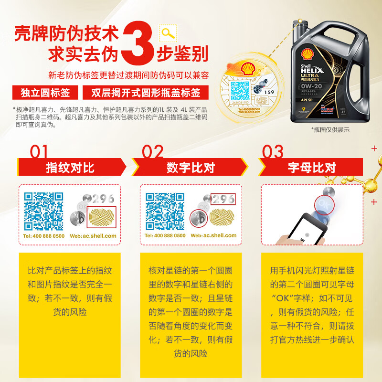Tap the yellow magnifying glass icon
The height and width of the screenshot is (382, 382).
point(168,33)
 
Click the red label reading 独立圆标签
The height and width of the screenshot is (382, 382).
point(45,92)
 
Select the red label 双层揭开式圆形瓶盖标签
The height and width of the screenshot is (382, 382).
point(146,92)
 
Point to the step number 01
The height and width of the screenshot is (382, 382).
point(39,152)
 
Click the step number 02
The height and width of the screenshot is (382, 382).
point(153,152)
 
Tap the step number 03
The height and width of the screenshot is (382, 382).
point(273,152)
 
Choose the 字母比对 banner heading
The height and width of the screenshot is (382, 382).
point(312,168)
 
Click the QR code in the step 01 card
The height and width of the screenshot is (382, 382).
point(44,211)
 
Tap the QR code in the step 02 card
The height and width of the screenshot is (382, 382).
point(165,211)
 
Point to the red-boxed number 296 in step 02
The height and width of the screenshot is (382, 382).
point(223,199)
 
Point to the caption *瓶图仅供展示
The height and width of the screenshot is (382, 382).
point(330,129)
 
